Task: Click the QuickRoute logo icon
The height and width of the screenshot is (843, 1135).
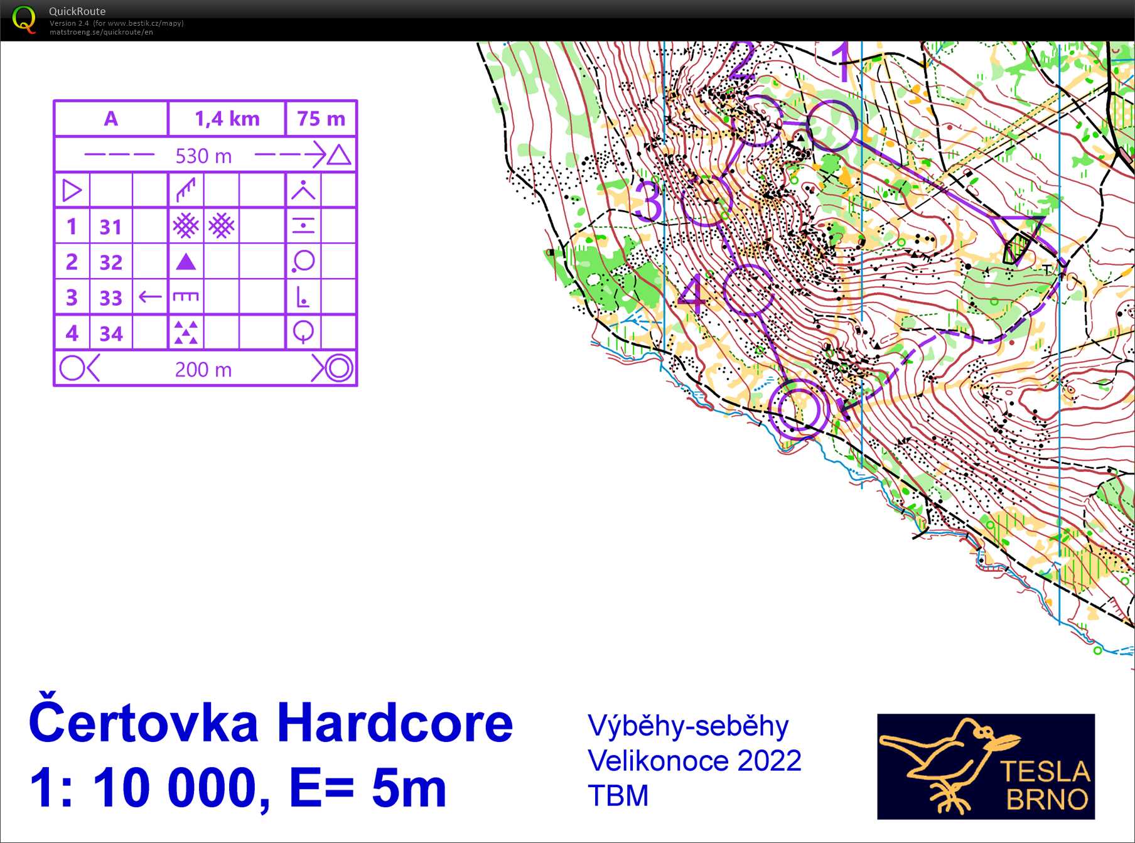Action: (x=24, y=19)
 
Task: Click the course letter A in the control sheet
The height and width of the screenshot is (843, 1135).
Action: (x=110, y=119)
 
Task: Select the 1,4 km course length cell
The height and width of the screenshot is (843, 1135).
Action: (x=227, y=119)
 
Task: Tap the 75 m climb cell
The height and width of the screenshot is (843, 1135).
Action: (x=321, y=119)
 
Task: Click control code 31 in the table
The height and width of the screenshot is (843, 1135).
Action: (x=111, y=227)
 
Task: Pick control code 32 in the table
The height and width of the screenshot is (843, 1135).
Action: (x=111, y=262)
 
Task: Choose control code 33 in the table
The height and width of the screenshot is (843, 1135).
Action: (x=111, y=298)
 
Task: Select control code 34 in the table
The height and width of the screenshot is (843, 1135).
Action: (x=111, y=333)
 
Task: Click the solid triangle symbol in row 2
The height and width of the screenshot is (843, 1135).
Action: (x=186, y=262)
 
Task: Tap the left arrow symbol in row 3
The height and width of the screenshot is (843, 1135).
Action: (x=150, y=297)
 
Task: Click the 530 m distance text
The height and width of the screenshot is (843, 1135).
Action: (x=203, y=156)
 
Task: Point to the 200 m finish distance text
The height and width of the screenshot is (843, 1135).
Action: (x=203, y=370)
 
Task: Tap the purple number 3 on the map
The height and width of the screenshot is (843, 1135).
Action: (x=648, y=201)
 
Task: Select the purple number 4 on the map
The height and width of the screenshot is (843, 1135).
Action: (x=691, y=294)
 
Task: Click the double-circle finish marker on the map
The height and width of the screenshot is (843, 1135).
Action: (x=795, y=409)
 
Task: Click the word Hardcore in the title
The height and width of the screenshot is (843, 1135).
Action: (x=394, y=724)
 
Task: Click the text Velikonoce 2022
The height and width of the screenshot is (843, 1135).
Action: (x=694, y=761)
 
